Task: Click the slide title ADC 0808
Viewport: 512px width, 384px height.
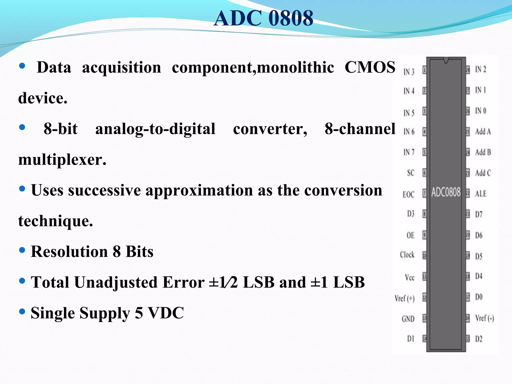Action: pyautogui.click(x=263, y=18)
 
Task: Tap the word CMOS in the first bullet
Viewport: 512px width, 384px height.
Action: pyautogui.click(x=370, y=67)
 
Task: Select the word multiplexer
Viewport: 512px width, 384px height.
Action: pyautogui.click(x=62, y=159)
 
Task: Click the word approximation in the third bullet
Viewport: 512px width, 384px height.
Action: pyautogui.click(x=199, y=190)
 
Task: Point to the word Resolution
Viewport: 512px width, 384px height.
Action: pyautogui.click(x=69, y=251)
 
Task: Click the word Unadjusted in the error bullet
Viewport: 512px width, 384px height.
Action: pyautogui.click(x=118, y=282)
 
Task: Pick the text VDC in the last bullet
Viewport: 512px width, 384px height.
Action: pyautogui.click(x=166, y=313)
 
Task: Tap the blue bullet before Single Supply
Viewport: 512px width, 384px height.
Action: pyautogui.click(x=22, y=311)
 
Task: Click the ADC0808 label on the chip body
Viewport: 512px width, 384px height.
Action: pyautogui.click(x=446, y=192)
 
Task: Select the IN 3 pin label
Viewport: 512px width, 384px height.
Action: pyautogui.click(x=409, y=72)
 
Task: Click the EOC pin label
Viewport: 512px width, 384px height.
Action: pyautogui.click(x=408, y=194)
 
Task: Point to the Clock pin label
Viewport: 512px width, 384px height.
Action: pyautogui.click(x=407, y=255)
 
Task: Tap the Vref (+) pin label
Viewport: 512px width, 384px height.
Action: pyautogui.click(x=404, y=298)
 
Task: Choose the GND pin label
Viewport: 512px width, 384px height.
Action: pyautogui.click(x=408, y=319)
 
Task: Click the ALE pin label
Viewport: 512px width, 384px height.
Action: pyautogui.click(x=480, y=193)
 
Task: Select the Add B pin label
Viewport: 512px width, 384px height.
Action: pyautogui.click(x=483, y=152)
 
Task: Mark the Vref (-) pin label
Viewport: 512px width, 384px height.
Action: pyautogui.click(x=484, y=318)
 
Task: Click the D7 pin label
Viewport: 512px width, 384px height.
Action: pyautogui.click(x=478, y=214)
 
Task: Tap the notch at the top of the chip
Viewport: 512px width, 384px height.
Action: pyautogui.click(x=446, y=60)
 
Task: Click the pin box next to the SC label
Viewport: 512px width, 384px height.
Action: pyautogui.click(x=424, y=173)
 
